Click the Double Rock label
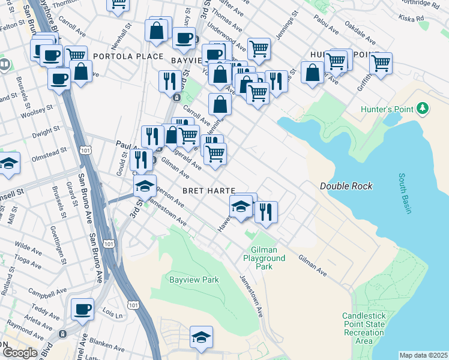[x=346, y=186]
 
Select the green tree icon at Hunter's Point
[x=424, y=108]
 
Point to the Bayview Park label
[x=193, y=280]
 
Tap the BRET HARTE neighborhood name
[x=205, y=190]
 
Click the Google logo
[x=19, y=353]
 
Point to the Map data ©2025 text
[x=423, y=355]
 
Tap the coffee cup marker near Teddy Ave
[x=82, y=310]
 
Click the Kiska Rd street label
[x=412, y=18]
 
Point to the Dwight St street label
[x=46, y=130]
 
